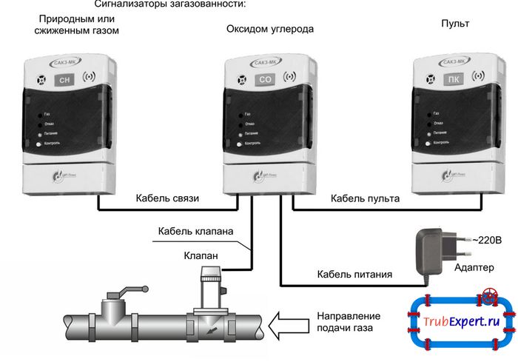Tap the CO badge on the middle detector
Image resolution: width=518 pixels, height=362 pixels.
[x=264, y=78]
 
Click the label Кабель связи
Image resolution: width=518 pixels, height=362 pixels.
[x=167, y=198]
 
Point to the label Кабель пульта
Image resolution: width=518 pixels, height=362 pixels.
[x=365, y=198]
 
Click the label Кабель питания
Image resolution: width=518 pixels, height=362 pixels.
[x=354, y=275]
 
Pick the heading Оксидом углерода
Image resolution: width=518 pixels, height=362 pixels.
[x=269, y=29]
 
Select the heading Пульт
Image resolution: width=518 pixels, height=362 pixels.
[x=454, y=24]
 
